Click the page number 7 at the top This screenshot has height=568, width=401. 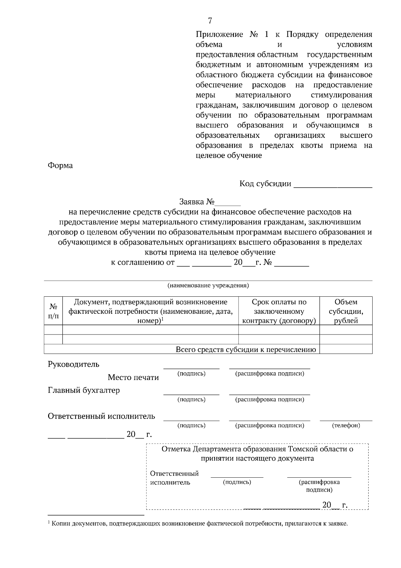210,21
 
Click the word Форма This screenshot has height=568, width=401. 60,166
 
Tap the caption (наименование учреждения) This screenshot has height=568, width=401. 208,286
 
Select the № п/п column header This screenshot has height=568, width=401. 53,311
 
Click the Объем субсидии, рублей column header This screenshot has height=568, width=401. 346,311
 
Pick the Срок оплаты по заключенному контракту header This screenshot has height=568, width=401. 279,311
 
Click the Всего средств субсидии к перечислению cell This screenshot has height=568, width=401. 246,350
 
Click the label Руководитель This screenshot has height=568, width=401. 74,364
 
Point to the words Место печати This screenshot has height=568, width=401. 133,378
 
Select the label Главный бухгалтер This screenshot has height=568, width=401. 84,390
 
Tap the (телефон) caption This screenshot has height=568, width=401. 346,425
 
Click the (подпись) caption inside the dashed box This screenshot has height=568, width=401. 237,482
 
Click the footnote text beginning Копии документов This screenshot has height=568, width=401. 199,524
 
